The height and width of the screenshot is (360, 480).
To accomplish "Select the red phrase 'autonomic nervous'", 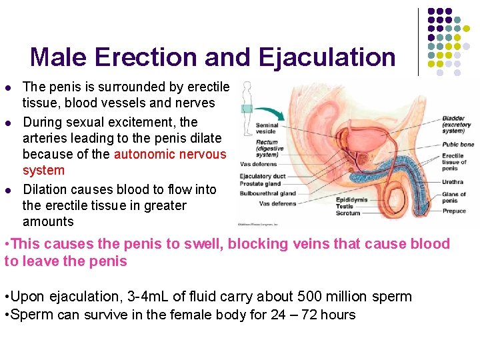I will click(x=170, y=155).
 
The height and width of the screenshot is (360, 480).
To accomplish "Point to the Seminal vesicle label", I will click(x=267, y=129).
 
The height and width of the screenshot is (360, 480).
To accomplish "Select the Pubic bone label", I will click(x=457, y=144).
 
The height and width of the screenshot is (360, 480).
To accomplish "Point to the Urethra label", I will click(x=452, y=181).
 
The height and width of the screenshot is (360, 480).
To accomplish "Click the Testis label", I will click(x=344, y=207).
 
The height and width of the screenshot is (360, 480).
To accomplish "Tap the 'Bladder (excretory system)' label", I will click(x=458, y=125).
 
